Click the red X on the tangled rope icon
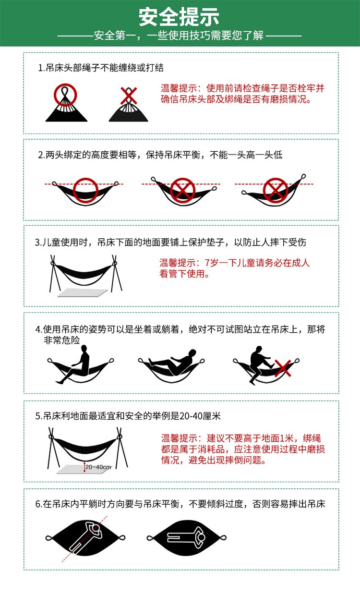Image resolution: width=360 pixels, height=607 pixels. pos(128,95)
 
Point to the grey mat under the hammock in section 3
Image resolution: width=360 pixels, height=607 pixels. pos(82,292)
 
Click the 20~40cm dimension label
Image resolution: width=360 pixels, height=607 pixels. pos(98,467)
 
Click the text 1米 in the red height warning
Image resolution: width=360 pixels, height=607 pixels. pos(291,438)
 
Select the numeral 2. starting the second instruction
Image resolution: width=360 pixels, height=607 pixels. pos(41,155)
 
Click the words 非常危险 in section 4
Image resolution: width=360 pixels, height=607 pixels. pos(61,340)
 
